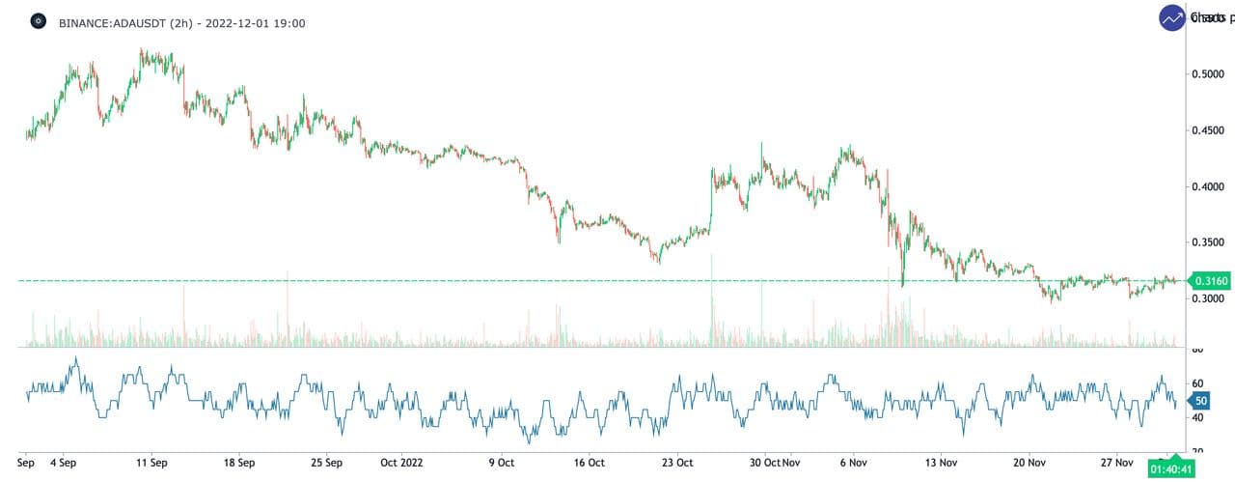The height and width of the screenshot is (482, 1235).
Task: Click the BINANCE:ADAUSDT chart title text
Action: tap(182, 22)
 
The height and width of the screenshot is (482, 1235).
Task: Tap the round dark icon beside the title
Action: tap(38, 21)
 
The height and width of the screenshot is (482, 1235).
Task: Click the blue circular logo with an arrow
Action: tap(1173, 18)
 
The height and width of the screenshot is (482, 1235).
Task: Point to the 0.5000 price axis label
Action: tap(1211, 74)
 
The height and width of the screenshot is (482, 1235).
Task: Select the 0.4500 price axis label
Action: tap(1211, 130)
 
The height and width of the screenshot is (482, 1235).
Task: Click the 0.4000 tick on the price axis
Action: tap(1211, 186)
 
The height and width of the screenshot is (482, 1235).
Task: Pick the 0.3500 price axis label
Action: tap(1211, 242)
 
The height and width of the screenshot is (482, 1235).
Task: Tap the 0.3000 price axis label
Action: tap(1211, 298)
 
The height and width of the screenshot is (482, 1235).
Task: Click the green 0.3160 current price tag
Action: tap(1210, 281)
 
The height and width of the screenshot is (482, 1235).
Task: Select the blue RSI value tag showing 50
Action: tap(1200, 400)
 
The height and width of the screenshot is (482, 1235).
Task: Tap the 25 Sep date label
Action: tap(326, 463)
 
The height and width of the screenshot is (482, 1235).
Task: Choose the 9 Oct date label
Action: tap(502, 463)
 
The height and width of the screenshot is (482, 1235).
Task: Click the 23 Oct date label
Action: tap(676, 463)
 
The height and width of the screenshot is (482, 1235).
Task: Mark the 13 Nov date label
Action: tap(941, 463)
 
